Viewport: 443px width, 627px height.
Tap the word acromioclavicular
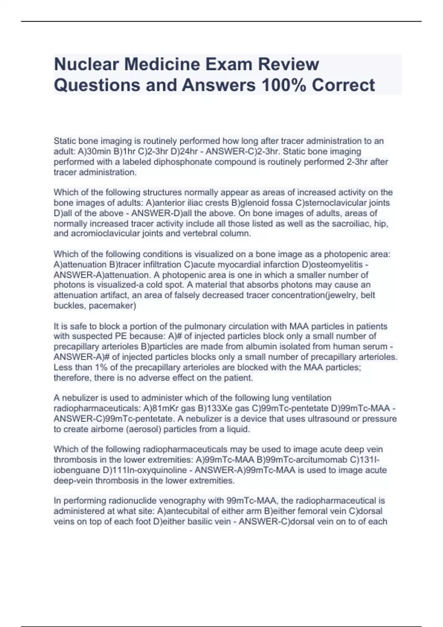pos(97,233)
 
